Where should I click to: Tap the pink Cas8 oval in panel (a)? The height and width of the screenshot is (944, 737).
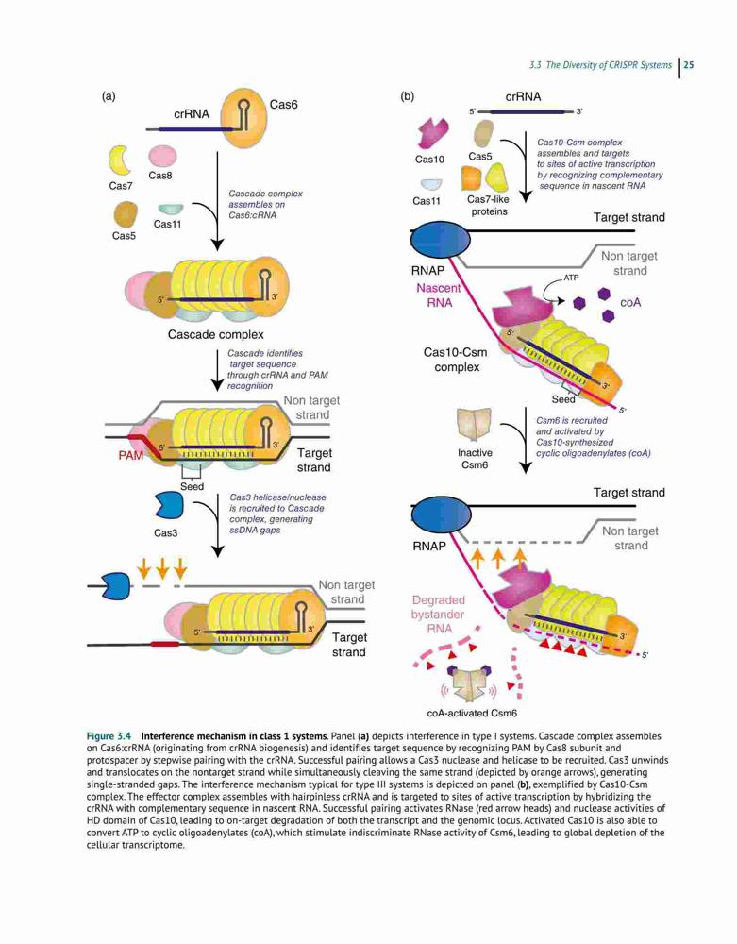click(x=162, y=156)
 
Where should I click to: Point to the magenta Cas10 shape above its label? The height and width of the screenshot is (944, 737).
click(x=432, y=133)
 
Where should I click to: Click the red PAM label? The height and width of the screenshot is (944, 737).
click(x=130, y=456)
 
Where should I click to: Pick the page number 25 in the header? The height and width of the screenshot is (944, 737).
click(x=689, y=65)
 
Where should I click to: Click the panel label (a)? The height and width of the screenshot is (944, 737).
click(x=109, y=96)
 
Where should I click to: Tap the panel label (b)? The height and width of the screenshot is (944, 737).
click(x=408, y=96)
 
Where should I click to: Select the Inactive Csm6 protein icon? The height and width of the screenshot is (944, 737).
click(x=474, y=426)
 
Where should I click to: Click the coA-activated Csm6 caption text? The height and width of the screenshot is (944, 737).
click(x=472, y=713)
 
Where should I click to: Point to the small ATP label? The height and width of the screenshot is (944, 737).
click(x=571, y=278)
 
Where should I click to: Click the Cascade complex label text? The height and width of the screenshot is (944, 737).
click(x=215, y=334)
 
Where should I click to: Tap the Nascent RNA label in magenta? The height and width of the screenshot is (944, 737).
click(x=439, y=295)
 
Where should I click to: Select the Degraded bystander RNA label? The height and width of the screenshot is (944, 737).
click(x=438, y=615)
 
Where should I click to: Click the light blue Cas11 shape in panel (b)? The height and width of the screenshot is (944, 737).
click(x=430, y=184)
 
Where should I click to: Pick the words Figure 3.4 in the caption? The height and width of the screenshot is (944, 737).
click(x=109, y=736)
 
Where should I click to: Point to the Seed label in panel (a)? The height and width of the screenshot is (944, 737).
click(x=192, y=486)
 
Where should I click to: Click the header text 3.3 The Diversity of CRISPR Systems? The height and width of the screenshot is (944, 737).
click(x=600, y=65)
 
